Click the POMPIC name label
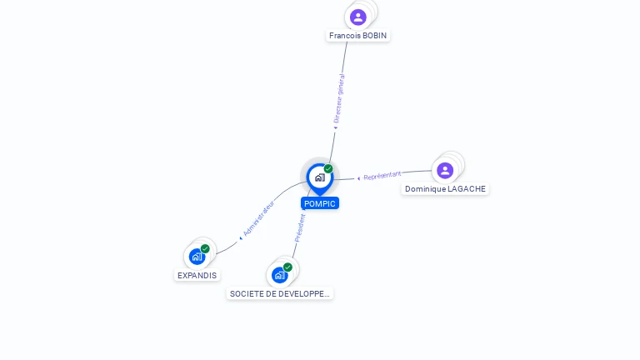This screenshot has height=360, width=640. point(320,203)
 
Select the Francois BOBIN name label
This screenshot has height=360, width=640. point(358,36)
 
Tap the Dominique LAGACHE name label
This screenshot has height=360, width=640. point(445,189)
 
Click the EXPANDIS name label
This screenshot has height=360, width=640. point(197,275)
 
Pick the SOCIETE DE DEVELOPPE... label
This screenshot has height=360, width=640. point(280,293)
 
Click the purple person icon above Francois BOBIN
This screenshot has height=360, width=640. point(358,17)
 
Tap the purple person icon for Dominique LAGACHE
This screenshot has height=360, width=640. point(445,170)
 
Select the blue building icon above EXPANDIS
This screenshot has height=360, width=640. point(197,256)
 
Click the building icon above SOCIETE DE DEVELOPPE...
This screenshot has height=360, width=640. point(279,274)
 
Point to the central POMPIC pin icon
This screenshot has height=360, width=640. point(319,177)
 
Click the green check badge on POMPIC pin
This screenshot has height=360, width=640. point(328,169)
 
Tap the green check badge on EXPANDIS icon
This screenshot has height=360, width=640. point(205,248)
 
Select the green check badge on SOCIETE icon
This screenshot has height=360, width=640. point(287,267)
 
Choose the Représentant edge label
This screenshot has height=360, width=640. point(382,176)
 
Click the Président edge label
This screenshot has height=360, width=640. point(300,227)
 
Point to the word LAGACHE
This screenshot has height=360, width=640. point(467,189)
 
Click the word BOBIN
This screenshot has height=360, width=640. point(374,36)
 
